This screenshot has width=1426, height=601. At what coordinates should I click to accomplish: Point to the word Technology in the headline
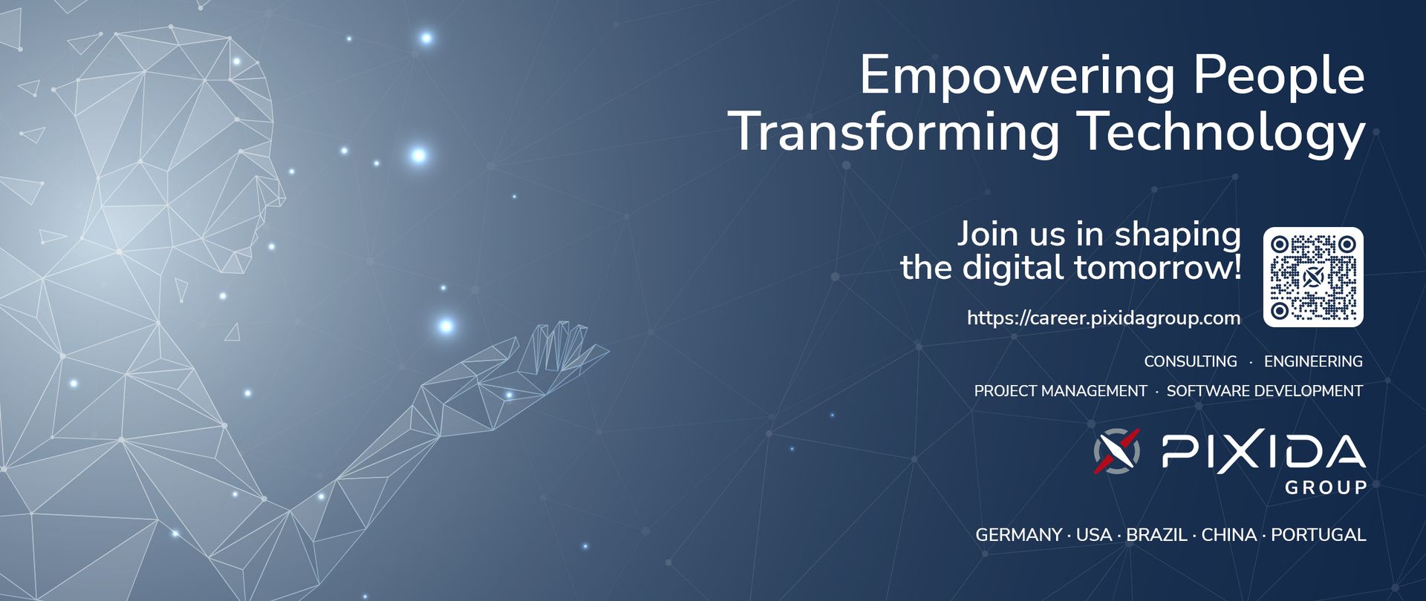(x=1222, y=132)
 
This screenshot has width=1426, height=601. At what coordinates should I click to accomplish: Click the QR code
(x=1313, y=277)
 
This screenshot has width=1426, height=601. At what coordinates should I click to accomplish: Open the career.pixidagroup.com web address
(x=1104, y=318)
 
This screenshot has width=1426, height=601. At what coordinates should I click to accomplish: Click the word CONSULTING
(x=1191, y=361)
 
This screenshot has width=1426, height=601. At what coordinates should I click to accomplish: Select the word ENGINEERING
(x=1313, y=361)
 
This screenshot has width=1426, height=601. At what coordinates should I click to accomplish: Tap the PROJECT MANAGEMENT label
(x=1061, y=391)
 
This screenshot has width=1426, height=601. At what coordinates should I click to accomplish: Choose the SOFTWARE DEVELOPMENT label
(x=1265, y=391)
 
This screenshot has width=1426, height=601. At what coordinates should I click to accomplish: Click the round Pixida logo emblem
(x=1116, y=450)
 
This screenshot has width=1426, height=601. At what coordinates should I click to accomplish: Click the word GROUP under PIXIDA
(x=1326, y=487)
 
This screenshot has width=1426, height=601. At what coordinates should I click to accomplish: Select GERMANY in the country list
(x=1018, y=535)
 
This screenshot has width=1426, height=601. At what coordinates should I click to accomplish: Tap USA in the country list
(x=1094, y=535)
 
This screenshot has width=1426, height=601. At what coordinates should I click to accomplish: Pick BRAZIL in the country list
(x=1156, y=535)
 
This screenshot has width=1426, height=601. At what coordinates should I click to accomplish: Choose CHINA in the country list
(x=1229, y=535)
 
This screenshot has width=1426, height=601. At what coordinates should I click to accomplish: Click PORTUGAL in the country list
(x=1318, y=535)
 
